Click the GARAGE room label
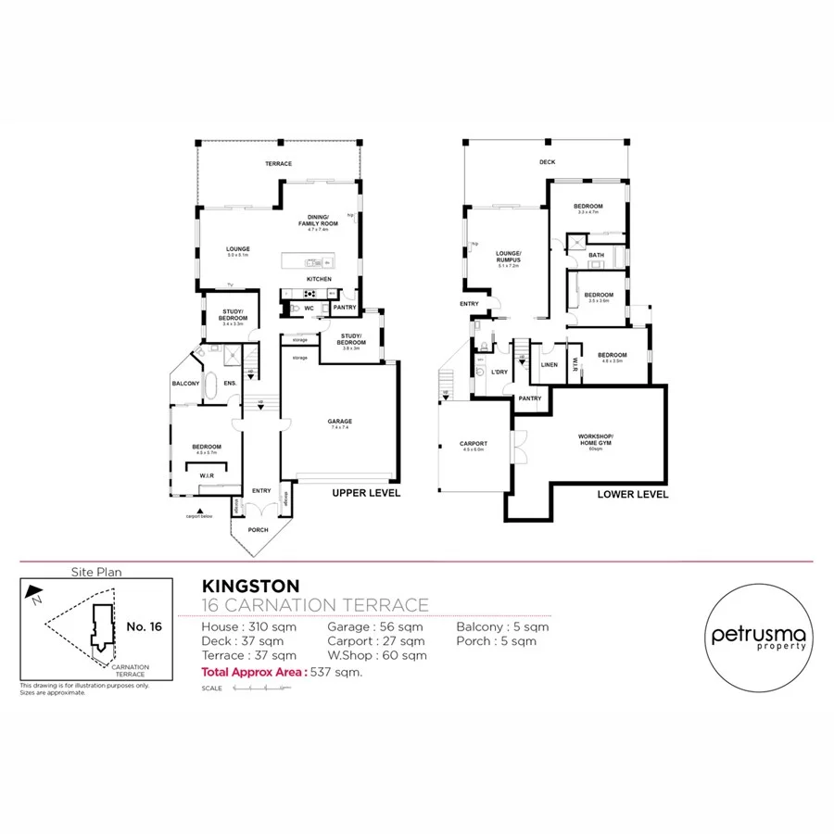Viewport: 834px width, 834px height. pyautogui.click(x=339, y=422)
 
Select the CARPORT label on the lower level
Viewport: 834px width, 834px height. pyautogui.click(x=474, y=444)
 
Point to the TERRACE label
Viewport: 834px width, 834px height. pyautogui.click(x=278, y=164)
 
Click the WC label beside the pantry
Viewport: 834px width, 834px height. pyautogui.click(x=309, y=308)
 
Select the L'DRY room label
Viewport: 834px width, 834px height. pyautogui.click(x=499, y=372)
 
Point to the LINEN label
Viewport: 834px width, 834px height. pyautogui.click(x=549, y=364)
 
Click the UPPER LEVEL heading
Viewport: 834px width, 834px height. pyautogui.click(x=366, y=494)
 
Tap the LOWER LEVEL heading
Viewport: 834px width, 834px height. pyautogui.click(x=633, y=495)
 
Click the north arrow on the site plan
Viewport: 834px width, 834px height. pyautogui.click(x=34, y=591)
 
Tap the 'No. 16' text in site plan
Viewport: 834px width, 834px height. pyautogui.click(x=144, y=627)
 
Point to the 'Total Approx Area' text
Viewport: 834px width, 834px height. pyautogui.click(x=252, y=672)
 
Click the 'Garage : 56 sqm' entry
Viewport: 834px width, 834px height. pyautogui.click(x=375, y=626)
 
